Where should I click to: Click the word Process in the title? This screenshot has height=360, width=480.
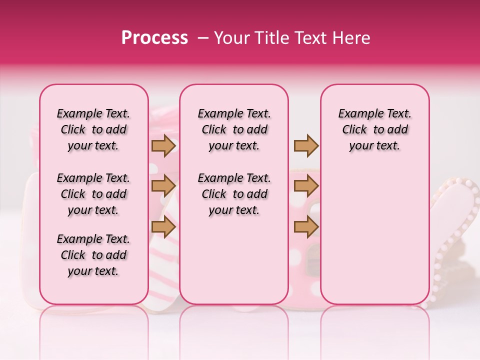click(x=154, y=38)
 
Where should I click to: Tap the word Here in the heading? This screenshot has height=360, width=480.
click(x=352, y=38)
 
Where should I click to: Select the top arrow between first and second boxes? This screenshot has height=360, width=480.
click(x=163, y=145)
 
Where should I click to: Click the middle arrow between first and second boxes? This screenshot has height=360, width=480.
click(x=163, y=186)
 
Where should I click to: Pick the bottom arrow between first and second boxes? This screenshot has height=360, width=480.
click(x=163, y=227)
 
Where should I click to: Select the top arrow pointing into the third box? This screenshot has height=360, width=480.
click(x=306, y=145)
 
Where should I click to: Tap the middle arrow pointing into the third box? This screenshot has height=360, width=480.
click(x=306, y=186)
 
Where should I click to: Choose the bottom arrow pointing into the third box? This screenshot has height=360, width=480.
click(x=306, y=227)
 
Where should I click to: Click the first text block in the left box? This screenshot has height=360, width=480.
click(x=93, y=129)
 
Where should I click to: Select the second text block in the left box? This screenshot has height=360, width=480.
click(x=93, y=194)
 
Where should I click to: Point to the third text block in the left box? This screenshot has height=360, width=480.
click(x=93, y=255)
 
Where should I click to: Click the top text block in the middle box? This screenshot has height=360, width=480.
click(x=234, y=129)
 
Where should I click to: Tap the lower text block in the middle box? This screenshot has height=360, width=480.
click(x=234, y=194)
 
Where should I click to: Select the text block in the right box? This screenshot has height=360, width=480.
click(x=374, y=129)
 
